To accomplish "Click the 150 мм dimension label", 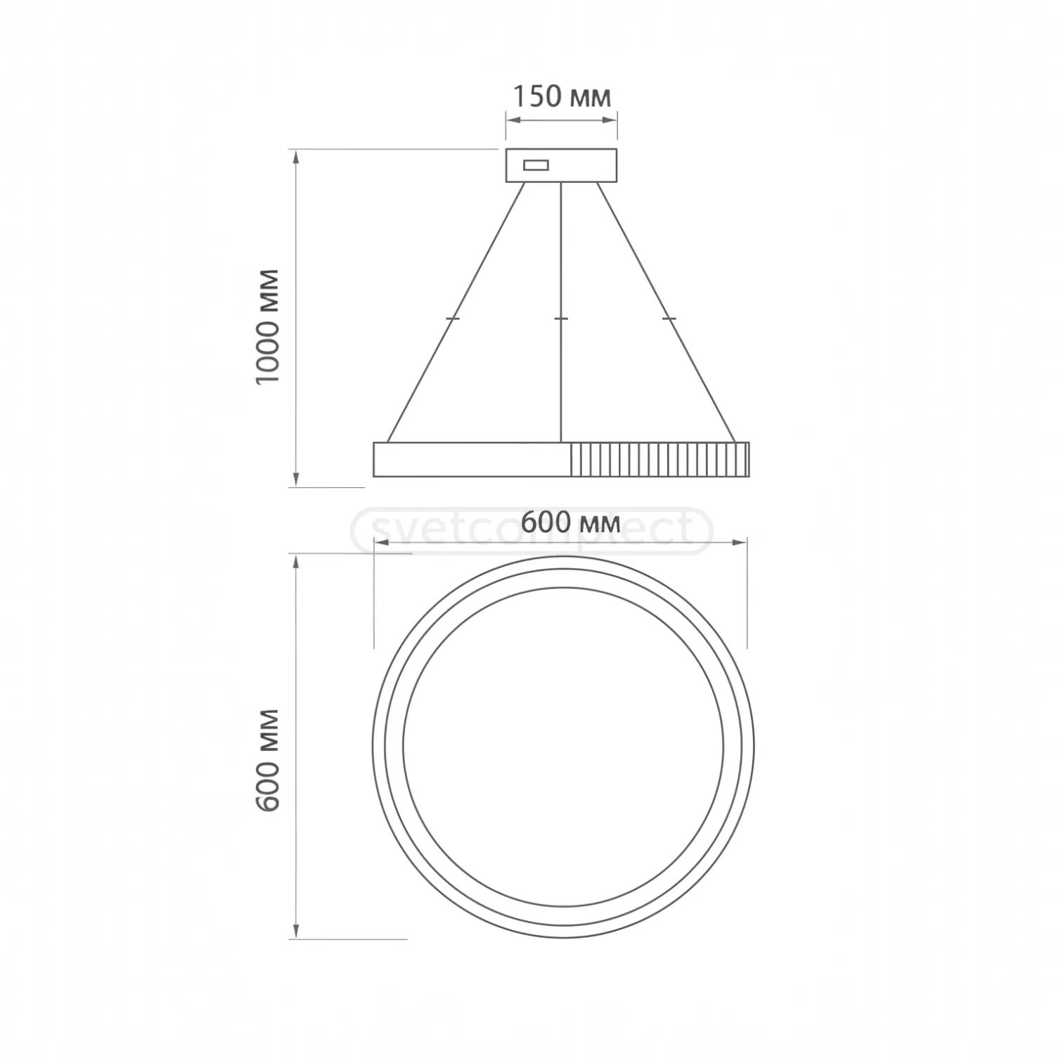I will (561, 96).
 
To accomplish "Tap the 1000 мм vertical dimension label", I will (268, 326).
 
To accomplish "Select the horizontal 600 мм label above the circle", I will (570, 522).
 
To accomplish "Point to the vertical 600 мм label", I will (268, 761).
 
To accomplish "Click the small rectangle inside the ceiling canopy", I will (536, 165).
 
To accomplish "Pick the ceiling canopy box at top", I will (561, 165).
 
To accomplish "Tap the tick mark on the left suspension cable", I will (452, 319).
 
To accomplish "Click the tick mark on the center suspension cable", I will (561, 319).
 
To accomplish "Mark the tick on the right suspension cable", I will (669, 319).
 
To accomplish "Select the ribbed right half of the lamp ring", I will (659, 460).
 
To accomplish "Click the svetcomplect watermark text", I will (532, 531).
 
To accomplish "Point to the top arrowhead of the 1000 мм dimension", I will (297, 156).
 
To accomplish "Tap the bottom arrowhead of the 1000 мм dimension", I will (297, 480).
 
